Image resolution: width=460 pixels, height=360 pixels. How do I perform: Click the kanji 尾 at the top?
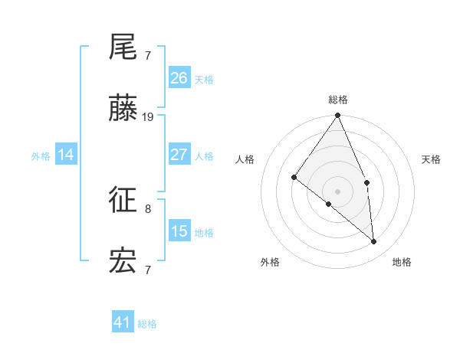[123, 48]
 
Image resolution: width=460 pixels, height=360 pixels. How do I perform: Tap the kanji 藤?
[123, 110]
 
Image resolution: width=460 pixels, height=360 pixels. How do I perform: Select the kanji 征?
[123, 201]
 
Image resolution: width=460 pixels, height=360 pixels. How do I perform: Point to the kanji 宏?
[123, 262]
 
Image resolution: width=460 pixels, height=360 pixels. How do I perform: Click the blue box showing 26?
[179, 78]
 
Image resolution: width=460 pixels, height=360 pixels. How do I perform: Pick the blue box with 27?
[179, 155]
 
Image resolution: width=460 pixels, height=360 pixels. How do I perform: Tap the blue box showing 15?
[179, 231]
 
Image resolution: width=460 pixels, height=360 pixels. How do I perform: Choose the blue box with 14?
[66, 155]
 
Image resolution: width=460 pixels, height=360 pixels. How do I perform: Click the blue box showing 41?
[123, 322]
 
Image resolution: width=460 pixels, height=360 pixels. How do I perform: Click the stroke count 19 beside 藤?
[148, 116]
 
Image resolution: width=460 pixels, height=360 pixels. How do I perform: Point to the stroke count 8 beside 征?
[148, 208]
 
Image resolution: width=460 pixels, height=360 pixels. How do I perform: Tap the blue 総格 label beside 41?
[147, 324]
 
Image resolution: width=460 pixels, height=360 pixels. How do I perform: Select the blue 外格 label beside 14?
[41, 156]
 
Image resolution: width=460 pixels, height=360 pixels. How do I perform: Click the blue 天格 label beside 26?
[204, 80]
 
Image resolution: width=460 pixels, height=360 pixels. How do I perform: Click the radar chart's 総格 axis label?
[338, 100]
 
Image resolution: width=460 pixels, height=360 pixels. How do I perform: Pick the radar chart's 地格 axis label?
[402, 262]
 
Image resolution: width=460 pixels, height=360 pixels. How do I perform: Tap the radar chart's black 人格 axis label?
[245, 159]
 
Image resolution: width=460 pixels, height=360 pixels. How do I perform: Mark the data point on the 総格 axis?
[338, 116]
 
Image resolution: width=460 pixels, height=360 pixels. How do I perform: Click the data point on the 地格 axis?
[373, 241]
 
